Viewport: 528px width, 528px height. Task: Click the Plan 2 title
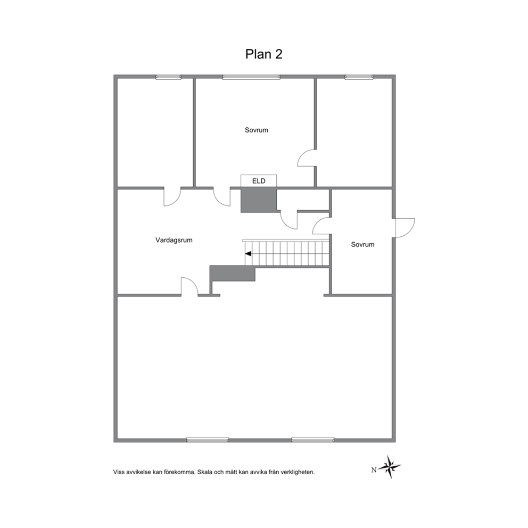[263, 54]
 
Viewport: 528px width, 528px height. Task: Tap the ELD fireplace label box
[259, 181]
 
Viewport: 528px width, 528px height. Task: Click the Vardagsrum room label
[174, 240]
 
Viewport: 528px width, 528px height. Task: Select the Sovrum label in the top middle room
[256, 130]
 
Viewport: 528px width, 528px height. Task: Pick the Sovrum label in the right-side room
[362, 244]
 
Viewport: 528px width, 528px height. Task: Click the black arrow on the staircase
[248, 253]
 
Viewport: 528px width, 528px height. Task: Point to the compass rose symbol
[390, 467]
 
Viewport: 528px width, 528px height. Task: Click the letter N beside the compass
[374, 470]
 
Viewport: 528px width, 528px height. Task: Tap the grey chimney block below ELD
[259, 200]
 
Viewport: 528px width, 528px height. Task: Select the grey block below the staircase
[233, 273]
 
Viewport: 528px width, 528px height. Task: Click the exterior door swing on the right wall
[405, 228]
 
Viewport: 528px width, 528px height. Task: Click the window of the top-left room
[168, 77]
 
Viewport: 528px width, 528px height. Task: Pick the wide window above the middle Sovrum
[251, 77]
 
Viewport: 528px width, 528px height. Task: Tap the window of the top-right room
[359, 77]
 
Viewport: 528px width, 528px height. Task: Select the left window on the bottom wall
[208, 440]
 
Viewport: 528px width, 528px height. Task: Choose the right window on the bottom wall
[313, 440]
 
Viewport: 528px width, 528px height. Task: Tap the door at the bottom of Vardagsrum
[189, 286]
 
